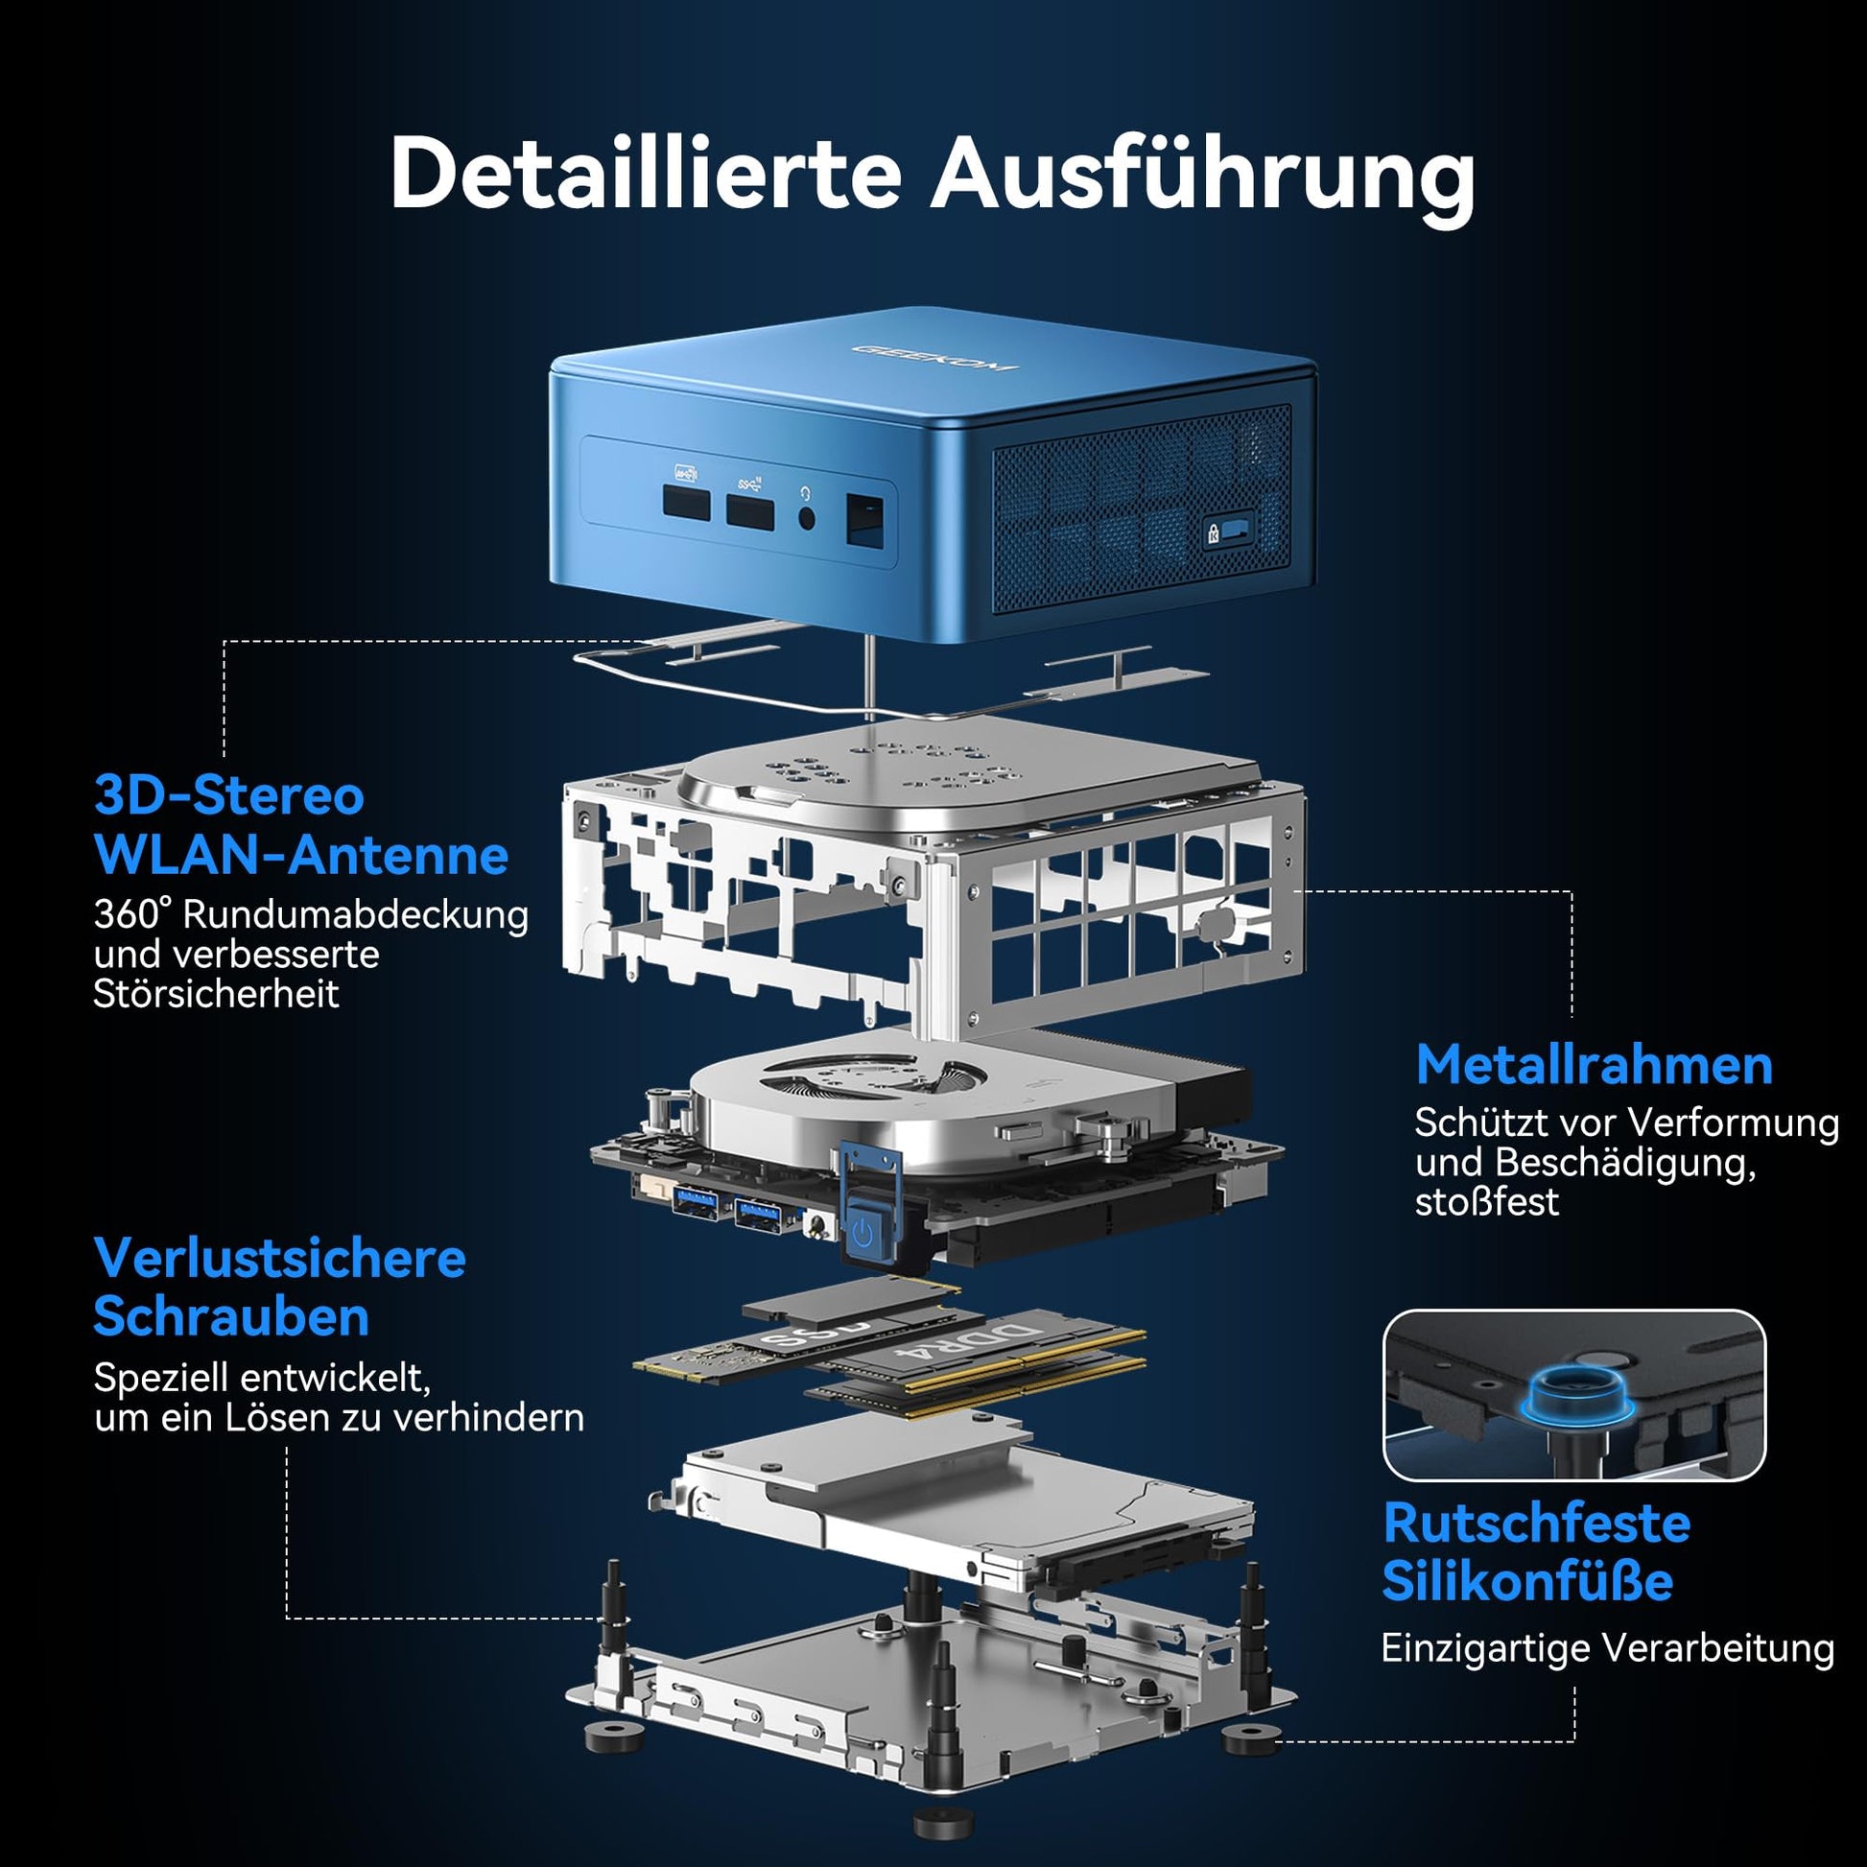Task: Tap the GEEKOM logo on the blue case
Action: tap(933, 358)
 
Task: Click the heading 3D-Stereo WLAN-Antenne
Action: tap(299, 825)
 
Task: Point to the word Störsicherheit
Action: tap(216, 993)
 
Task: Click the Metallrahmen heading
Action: tap(1594, 1065)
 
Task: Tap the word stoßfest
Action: tap(1486, 1202)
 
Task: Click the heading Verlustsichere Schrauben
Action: tap(279, 1288)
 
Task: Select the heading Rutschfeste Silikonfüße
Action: tap(1536, 1552)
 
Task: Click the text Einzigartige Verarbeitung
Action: tap(1607, 1647)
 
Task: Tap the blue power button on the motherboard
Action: tap(863, 1232)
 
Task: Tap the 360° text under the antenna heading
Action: tap(132, 913)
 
